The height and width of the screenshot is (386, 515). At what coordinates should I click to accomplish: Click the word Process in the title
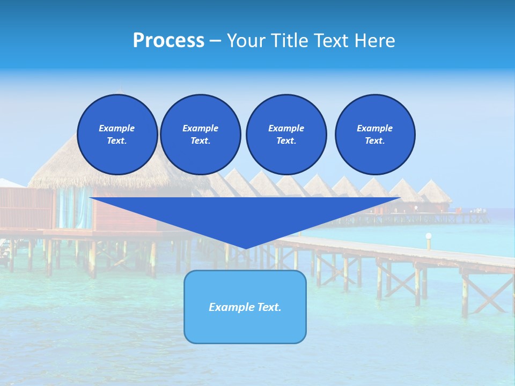coord(168,40)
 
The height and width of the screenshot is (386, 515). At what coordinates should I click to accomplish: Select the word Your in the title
coord(247,40)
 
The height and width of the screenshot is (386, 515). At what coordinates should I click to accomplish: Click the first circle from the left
coord(117,134)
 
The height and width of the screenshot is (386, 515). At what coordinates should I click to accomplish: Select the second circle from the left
coord(200,134)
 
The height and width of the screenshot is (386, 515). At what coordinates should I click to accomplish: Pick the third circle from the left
coord(286,134)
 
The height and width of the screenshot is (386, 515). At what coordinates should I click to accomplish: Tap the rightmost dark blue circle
coord(374,134)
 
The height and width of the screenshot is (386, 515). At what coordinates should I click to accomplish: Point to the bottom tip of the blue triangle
coord(245,248)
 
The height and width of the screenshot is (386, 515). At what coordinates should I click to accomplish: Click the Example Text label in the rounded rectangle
coord(245,307)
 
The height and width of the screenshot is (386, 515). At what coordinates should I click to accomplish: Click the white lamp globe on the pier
coord(428,236)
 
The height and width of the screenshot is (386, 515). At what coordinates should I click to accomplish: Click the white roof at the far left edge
coord(10,183)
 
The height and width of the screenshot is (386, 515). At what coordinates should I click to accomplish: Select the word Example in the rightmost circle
coord(374,128)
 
